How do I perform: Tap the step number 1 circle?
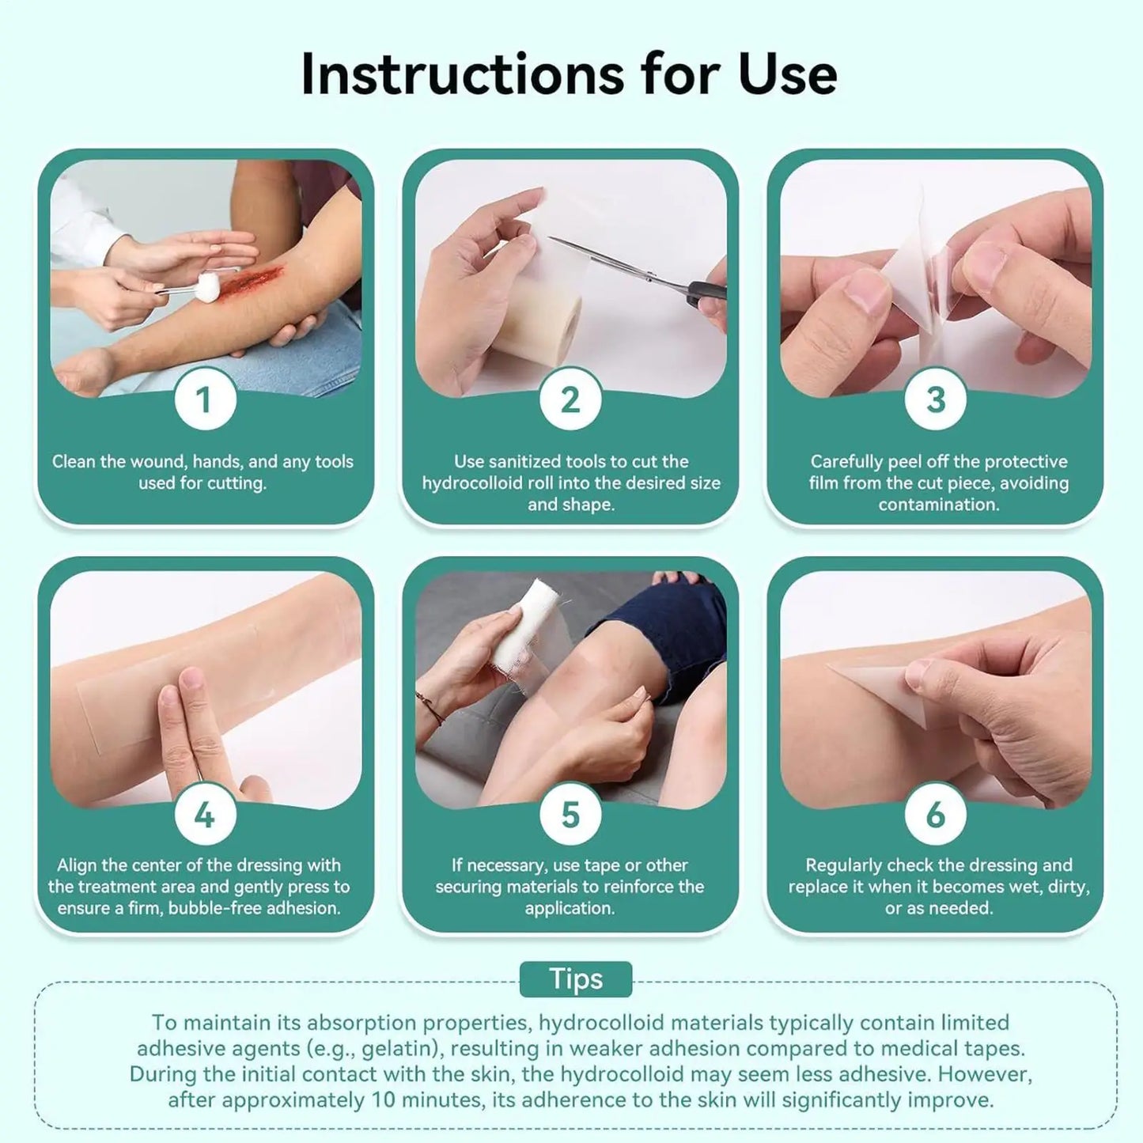click(x=205, y=399)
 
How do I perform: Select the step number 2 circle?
click(x=570, y=399)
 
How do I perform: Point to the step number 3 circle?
click(x=935, y=399)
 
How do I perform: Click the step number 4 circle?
click(x=205, y=814)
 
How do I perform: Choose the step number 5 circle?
click(x=570, y=814)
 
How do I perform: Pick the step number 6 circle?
click(x=935, y=814)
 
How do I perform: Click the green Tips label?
click(x=576, y=979)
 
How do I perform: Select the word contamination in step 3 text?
click(x=938, y=505)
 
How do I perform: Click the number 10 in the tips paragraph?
click(x=383, y=1100)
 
